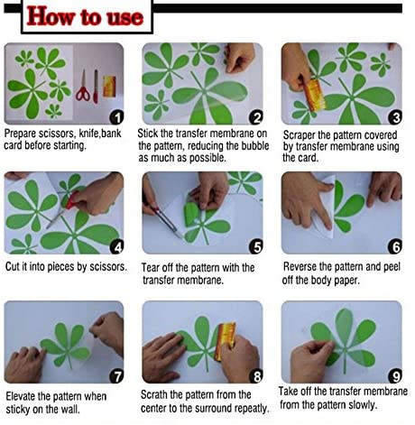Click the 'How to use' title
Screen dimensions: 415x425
pos(85,17)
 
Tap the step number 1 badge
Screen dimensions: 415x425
pos(116,117)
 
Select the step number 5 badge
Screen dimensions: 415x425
pos(256,246)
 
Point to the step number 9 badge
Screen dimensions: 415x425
pos(395,376)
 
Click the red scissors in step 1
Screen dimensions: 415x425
pos(83,87)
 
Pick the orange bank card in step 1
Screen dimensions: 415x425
pos(109,87)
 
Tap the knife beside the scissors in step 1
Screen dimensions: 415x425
pos(96,87)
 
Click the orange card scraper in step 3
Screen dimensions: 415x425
pos(314,95)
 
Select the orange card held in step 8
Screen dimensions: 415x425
pos(225,340)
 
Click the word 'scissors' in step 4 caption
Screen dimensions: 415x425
pos(108,267)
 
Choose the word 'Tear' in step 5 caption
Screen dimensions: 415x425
pos(151,267)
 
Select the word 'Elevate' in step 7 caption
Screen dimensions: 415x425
pos(20,396)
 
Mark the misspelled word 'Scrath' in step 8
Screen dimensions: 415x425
pos(154,394)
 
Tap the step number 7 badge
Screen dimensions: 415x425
pos(116,376)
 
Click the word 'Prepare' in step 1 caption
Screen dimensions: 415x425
pos(20,134)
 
